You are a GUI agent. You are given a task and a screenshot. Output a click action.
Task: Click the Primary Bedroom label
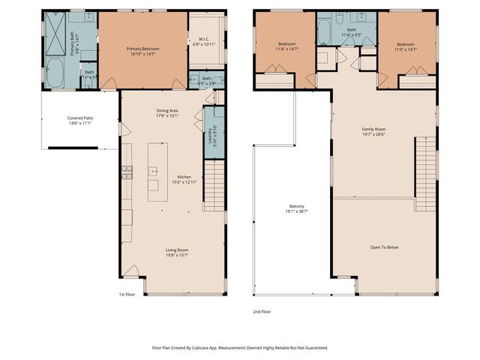[x=142, y=49]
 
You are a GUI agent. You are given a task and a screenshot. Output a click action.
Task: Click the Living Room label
[x=177, y=250]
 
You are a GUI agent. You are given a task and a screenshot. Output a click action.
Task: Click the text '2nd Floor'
[x=262, y=310]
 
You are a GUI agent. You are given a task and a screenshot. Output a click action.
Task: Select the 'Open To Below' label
[x=384, y=247]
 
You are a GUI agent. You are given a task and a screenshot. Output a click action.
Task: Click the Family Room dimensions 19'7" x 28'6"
[x=373, y=135]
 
